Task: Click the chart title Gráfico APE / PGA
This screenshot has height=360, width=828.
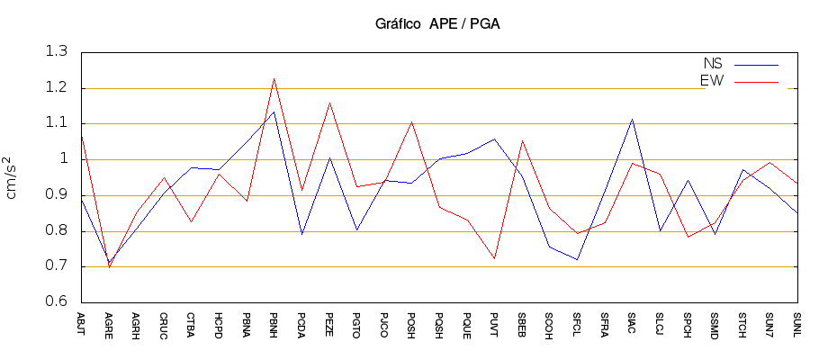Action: [x=437, y=23]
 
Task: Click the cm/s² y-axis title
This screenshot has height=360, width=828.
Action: [x=13, y=177]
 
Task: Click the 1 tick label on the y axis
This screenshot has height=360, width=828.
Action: [x=65, y=159]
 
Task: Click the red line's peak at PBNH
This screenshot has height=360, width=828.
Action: [x=274, y=78]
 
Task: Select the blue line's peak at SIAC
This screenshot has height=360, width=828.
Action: [x=632, y=119]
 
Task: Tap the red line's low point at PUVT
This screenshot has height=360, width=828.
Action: [x=494, y=258]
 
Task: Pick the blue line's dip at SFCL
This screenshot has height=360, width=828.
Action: [x=577, y=259]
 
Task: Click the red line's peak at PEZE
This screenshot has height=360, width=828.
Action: [x=329, y=103]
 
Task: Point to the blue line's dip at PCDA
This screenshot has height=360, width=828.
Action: [x=301, y=234]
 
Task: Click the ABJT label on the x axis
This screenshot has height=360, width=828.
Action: [x=81, y=323]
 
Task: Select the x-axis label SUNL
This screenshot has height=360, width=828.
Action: [x=796, y=323]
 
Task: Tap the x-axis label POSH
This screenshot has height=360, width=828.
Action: [x=411, y=323]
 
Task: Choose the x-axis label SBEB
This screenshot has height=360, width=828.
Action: [x=522, y=323]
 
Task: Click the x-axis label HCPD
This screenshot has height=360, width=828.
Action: [x=219, y=323]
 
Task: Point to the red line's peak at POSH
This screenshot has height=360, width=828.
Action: [x=411, y=121]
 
